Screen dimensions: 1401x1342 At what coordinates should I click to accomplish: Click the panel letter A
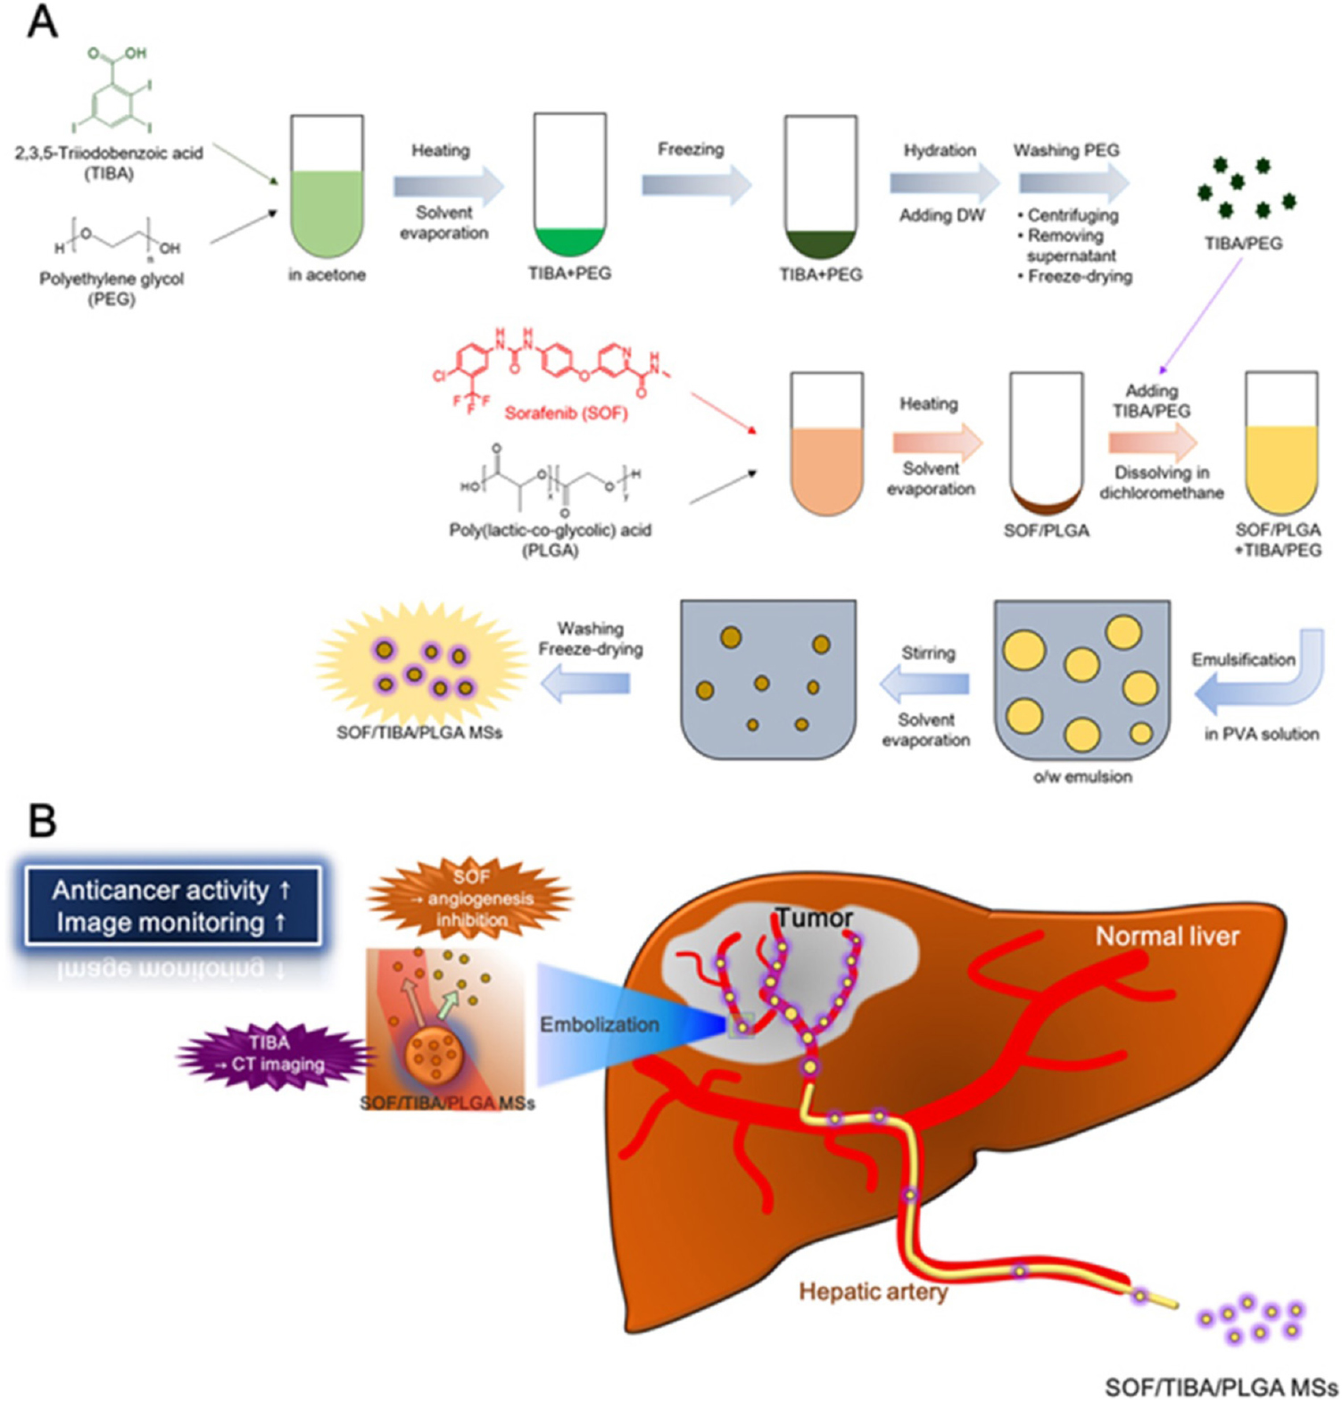[42, 21]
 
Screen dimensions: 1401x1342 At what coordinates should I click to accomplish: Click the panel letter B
[42, 819]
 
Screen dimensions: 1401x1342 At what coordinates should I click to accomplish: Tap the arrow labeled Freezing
[695, 185]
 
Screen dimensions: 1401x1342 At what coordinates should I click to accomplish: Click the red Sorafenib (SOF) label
[566, 413]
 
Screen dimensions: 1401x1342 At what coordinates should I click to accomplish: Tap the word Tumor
[813, 917]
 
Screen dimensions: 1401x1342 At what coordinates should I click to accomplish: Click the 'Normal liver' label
[1166, 936]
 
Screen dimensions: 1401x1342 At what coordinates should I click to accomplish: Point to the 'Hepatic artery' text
[872, 1291]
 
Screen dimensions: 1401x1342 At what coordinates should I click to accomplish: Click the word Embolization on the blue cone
[599, 1024]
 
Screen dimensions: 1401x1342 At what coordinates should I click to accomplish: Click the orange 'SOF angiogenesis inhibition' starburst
[470, 898]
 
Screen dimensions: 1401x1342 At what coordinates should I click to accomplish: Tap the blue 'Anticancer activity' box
[171, 906]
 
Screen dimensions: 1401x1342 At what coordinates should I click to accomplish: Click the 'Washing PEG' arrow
[1073, 184]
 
